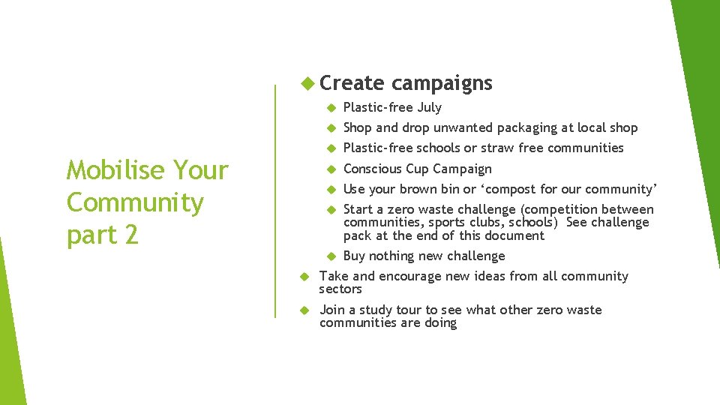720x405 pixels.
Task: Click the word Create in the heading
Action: point(352,83)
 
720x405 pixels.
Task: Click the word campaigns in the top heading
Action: point(442,83)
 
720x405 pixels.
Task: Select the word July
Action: point(429,107)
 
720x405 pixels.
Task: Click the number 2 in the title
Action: point(131,235)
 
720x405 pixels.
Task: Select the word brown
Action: point(421,189)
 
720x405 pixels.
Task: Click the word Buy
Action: point(355,256)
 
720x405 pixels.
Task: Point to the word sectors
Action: point(340,289)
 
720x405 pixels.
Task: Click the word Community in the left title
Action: point(135,202)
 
